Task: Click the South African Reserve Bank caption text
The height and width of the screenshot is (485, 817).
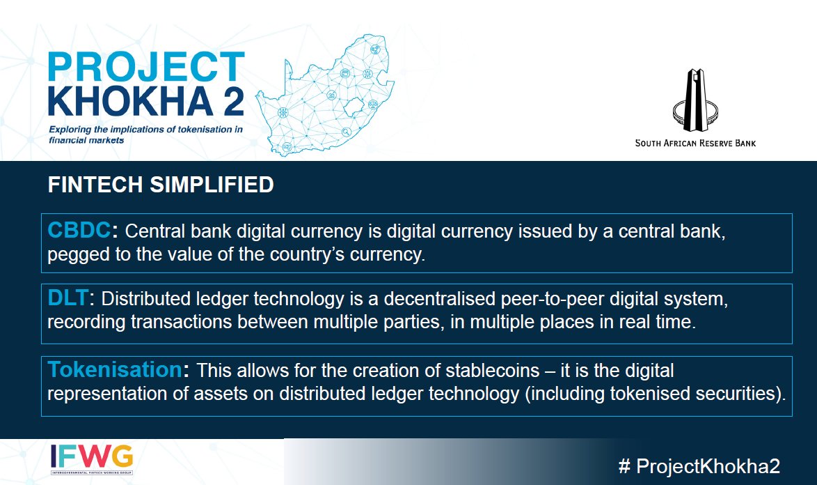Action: (x=695, y=143)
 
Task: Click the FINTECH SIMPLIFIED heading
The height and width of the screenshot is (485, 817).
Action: (x=160, y=185)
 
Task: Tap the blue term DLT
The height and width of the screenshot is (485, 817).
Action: (x=69, y=298)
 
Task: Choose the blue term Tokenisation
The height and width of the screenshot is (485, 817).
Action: (x=114, y=369)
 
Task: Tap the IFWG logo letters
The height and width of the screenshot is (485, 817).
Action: (x=93, y=456)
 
